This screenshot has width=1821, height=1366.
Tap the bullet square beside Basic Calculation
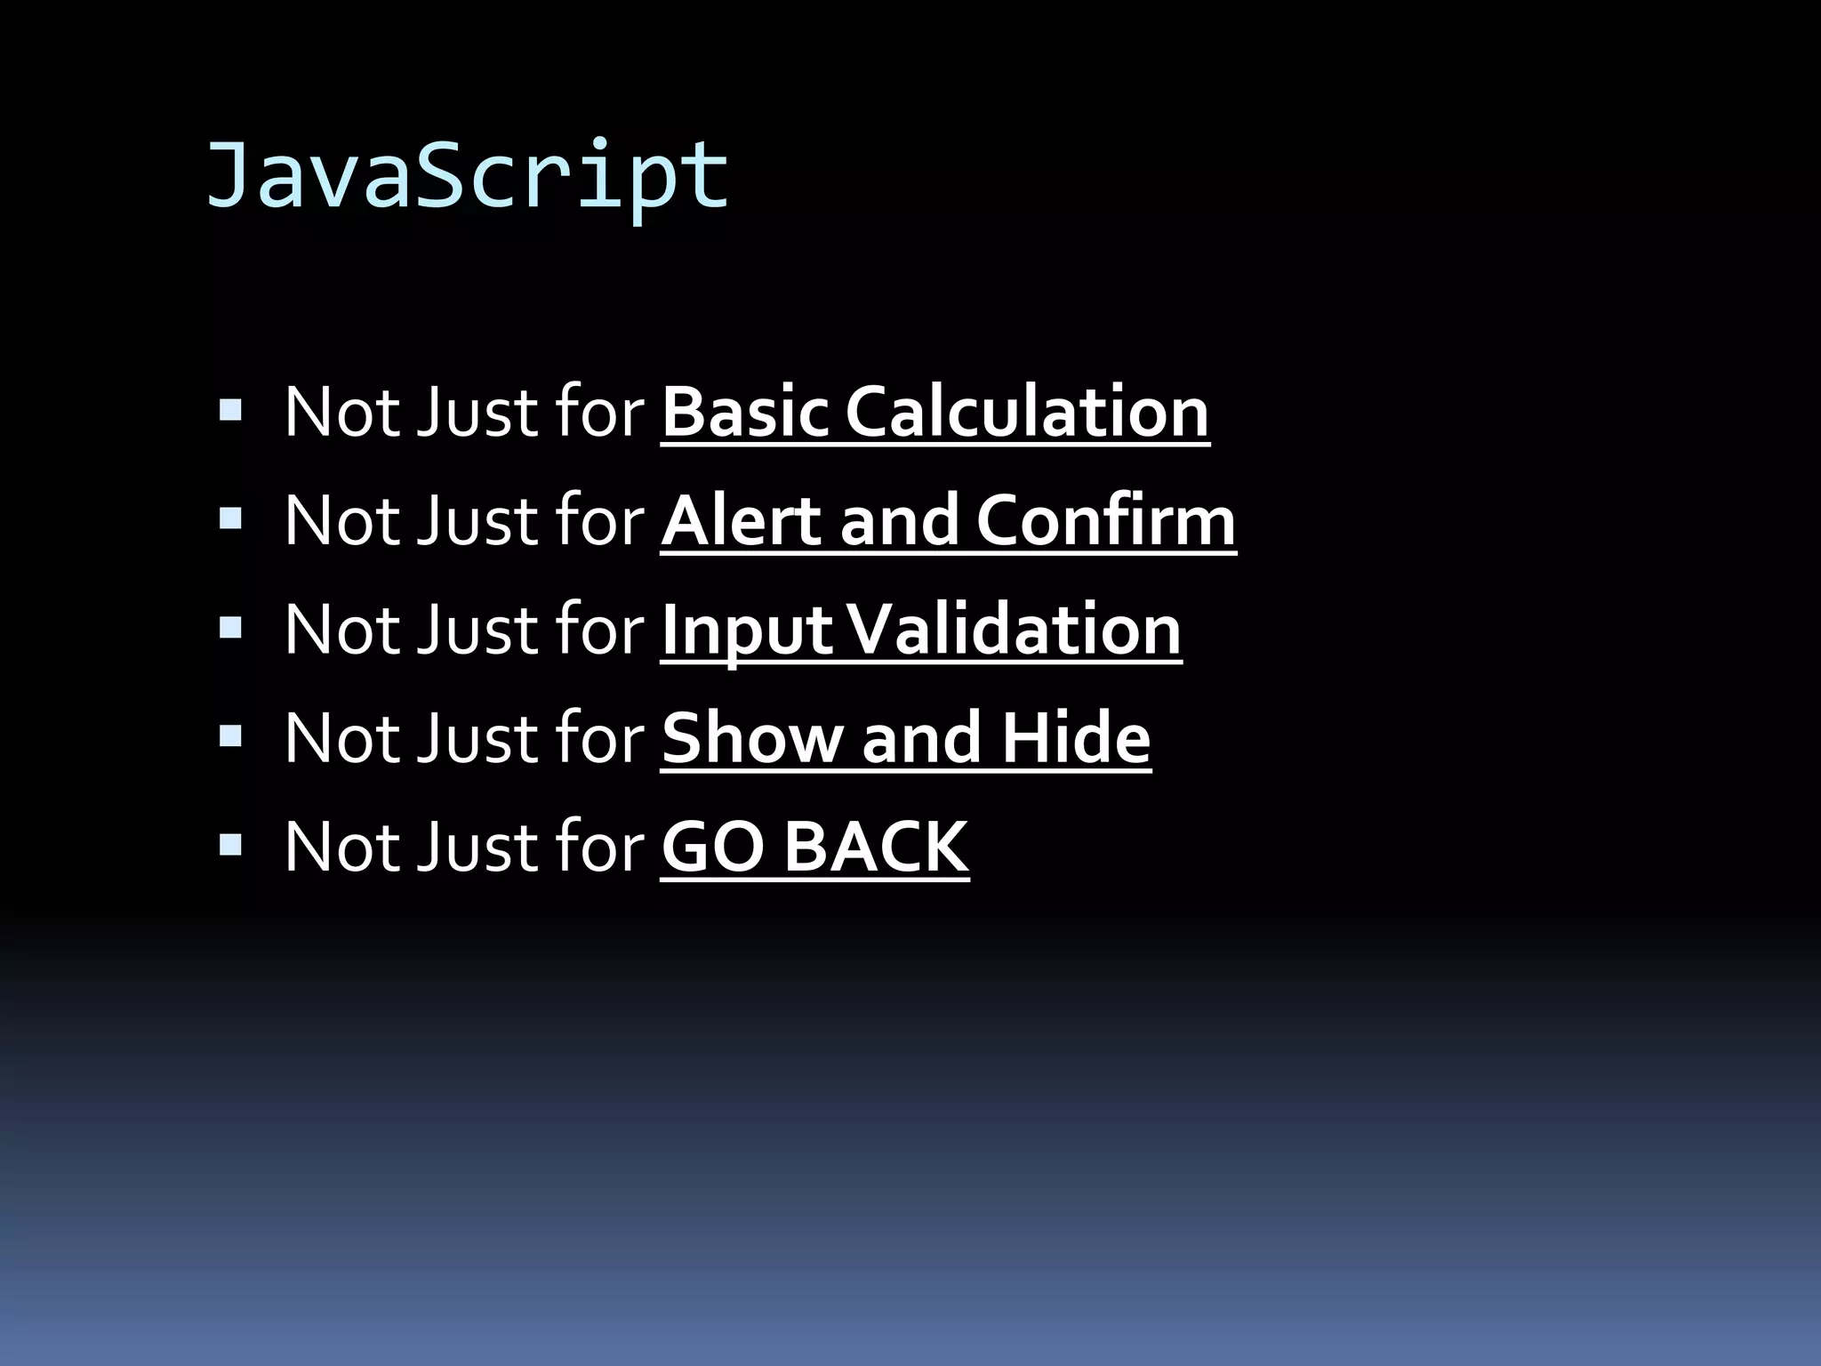(x=230, y=410)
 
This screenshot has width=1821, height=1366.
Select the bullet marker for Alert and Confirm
(x=230, y=518)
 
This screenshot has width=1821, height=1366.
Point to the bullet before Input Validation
(x=230, y=628)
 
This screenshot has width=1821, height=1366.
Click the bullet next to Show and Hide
(x=230, y=736)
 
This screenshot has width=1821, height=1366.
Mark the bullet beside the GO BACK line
(x=230, y=845)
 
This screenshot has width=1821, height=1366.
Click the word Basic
(x=744, y=412)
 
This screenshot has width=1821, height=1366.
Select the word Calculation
(x=1027, y=412)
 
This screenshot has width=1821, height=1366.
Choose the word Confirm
(x=1106, y=520)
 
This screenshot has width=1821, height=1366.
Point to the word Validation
(x=1014, y=630)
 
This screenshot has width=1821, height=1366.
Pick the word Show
(x=752, y=738)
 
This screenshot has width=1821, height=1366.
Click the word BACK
(x=876, y=847)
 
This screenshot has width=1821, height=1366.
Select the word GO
(x=712, y=847)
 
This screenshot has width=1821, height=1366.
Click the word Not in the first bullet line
(x=340, y=412)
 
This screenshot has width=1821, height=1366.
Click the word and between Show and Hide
(x=922, y=738)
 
